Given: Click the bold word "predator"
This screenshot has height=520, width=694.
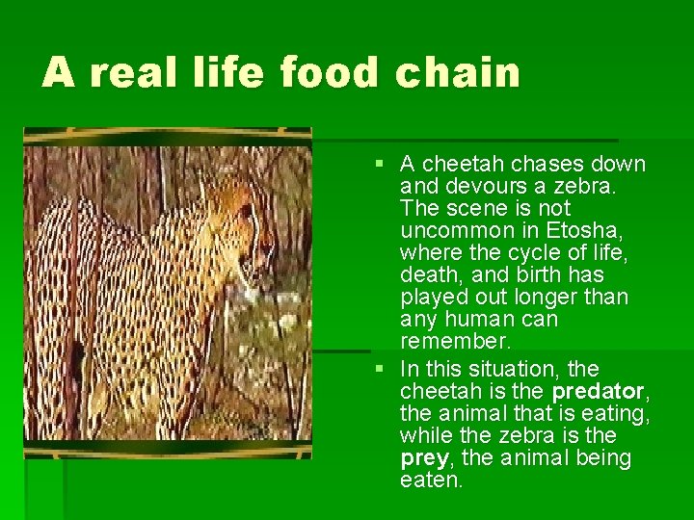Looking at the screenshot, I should [598, 391].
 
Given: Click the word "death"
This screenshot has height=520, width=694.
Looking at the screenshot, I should [428, 274].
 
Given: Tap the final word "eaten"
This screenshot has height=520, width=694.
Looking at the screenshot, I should [431, 480].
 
